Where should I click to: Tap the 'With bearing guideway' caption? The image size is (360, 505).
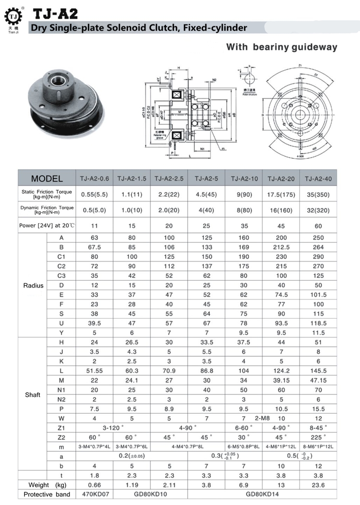pos(282,47)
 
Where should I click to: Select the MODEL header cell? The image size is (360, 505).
pos(47,179)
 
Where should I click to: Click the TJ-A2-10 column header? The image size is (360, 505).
pos(244,179)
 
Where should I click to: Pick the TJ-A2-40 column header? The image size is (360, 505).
pos(318,179)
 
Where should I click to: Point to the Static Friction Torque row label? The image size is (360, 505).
pos(47,194)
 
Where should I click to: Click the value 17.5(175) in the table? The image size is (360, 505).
pos(281,194)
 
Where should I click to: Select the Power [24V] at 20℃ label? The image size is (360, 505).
pos(47,226)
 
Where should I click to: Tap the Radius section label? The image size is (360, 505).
pos(33,285)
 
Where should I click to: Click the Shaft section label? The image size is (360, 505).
pos(33,395)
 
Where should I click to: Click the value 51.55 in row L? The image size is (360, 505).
pos(95,372)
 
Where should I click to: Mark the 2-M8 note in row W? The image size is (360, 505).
pos(263,418)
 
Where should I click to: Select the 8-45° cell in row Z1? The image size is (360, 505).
pos(318,427)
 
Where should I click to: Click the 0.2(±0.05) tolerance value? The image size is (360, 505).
pos(132,455)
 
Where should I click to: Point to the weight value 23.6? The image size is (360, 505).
pos(318,485)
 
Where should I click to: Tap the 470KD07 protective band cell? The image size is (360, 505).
pos(95,494)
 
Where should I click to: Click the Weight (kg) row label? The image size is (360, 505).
pos(47,485)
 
